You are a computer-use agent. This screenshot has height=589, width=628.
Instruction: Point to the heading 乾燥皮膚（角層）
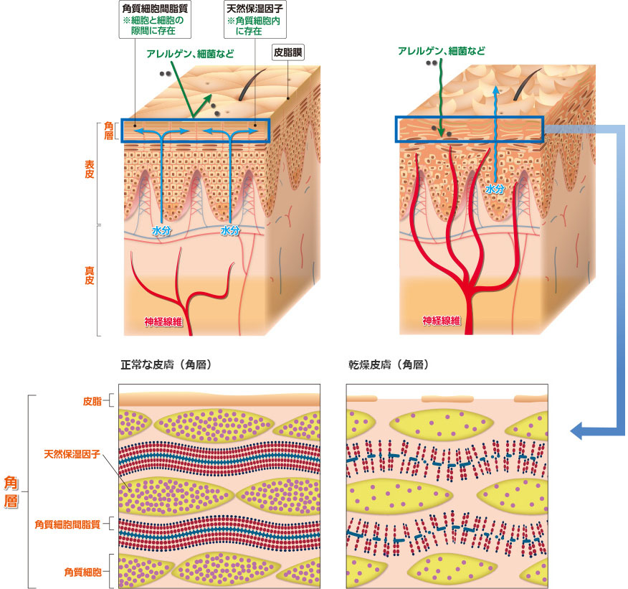(x=387, y=365)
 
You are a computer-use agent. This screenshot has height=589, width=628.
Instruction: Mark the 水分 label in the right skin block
(x=495, y=189)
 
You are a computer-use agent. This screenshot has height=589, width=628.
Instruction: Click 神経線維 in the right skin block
(x=439, y=321)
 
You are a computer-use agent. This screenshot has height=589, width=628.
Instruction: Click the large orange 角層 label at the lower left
(x=11, y=491)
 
